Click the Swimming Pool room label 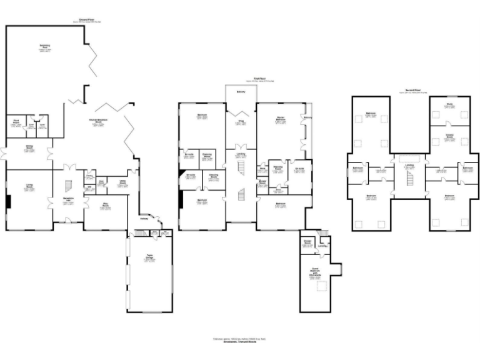coord(45,47)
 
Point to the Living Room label coord(29,186)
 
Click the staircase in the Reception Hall coord(68,186)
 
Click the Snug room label coord(241,122)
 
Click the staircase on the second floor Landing coord(410,179)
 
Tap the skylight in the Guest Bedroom coord(323,286)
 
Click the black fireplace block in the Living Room coord(9,202)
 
